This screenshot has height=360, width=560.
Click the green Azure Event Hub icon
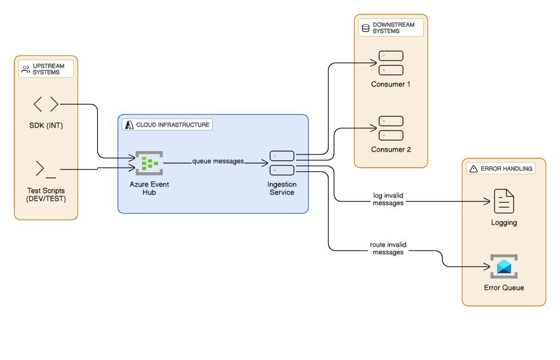[149, 163]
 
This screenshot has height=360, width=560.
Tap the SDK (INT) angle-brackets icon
[46, 104]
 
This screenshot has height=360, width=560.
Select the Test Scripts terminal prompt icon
[46, 169]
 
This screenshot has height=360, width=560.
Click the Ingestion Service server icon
[282, 163]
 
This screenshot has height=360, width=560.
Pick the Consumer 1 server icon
[391, 63]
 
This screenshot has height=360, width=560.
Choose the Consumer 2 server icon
[391, 128]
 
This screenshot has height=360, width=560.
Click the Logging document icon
[504, 201]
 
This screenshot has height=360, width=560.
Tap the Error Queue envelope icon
[504, 266]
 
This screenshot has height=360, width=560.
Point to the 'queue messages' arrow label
[218, 161]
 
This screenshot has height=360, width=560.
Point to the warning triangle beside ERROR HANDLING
[473, 169]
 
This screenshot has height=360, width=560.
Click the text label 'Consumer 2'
[391, 149]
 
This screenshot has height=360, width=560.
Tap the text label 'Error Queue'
[504, 287]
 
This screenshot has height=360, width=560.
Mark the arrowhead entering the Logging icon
[489, 202]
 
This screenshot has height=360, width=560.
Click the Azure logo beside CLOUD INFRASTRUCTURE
[129, 124]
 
